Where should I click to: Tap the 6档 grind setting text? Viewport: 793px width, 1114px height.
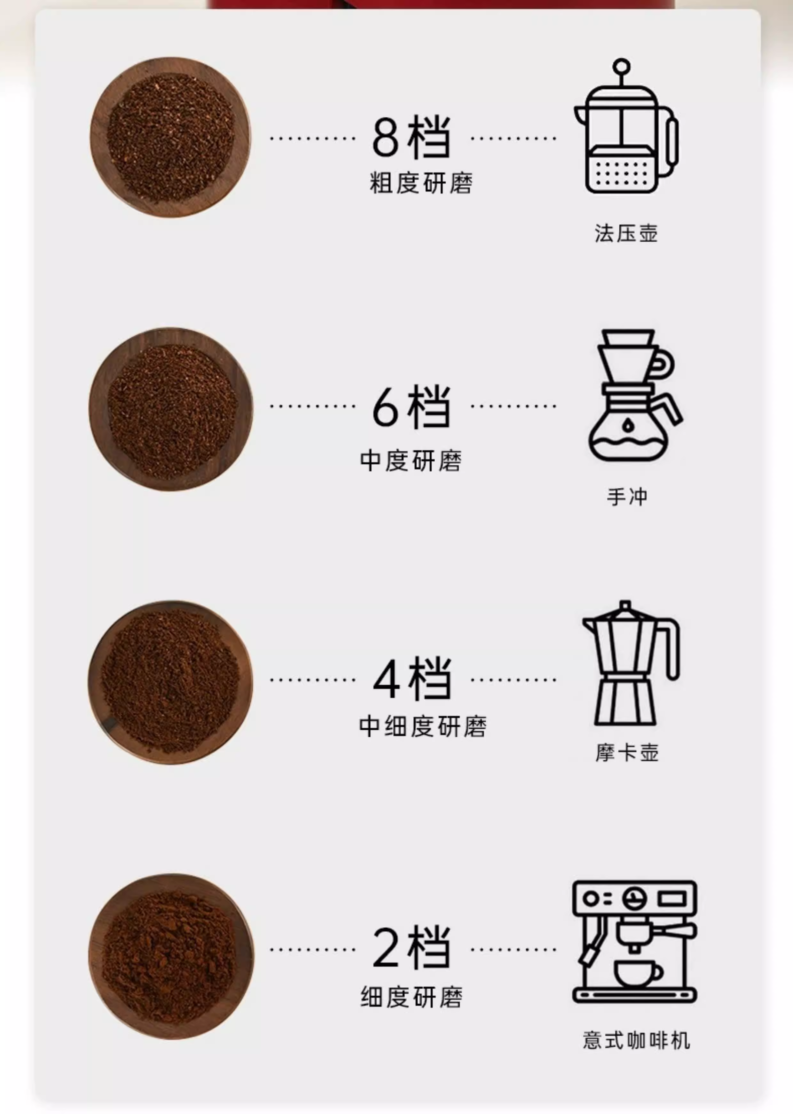click(x=411, y=406)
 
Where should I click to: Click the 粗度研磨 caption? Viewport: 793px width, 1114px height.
click(x=421, y=183)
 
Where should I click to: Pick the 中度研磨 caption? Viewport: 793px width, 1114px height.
click(x=411, y=461)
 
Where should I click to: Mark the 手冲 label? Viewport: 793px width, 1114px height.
click(x=627, y=497)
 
